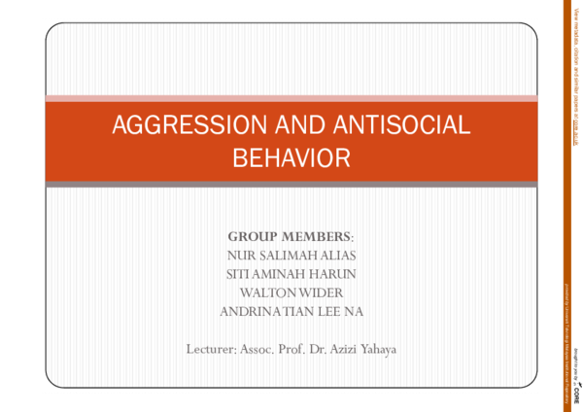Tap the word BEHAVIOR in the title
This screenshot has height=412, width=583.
[291, 156]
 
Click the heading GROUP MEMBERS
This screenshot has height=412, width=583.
[291, 236]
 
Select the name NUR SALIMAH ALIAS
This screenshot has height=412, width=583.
[291, 255]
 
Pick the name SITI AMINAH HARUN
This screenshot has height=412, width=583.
[291, 273]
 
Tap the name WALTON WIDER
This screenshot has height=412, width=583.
[291, 292]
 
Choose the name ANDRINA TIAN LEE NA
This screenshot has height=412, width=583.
[291, 311]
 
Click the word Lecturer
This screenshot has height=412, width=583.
[210, 348]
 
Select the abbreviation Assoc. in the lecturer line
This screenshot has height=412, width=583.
[263, 348]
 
